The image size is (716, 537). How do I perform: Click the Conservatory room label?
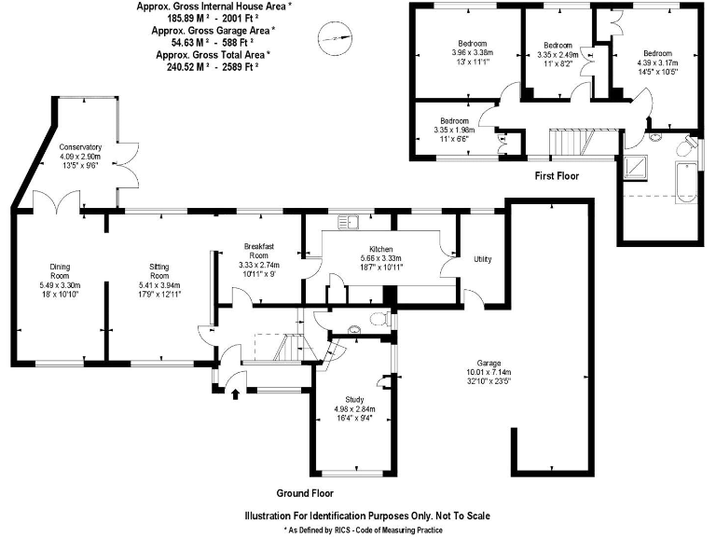(80, 147)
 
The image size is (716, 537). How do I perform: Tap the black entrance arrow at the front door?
(236, 394)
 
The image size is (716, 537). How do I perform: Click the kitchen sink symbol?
(349, 223)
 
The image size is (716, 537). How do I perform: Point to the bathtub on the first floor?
(686, 183)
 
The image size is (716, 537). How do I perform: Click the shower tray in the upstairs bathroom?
(635, 168)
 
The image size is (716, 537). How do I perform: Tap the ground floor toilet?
(380, 318)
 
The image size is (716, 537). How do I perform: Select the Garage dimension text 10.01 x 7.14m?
(489, 372)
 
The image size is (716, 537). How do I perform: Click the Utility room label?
(483, 259)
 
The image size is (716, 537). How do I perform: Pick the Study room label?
(354, 400)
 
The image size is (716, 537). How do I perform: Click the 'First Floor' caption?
(557, 176)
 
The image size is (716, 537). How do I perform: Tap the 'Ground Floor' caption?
(305, 493)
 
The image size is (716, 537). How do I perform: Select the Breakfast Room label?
(259, 251)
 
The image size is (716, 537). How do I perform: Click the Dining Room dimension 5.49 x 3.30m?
(61, 285)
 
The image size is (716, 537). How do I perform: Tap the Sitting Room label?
(158, 271)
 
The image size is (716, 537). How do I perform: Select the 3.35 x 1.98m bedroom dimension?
(454, 130)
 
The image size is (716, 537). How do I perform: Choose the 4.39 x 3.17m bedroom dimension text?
(657, 63)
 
